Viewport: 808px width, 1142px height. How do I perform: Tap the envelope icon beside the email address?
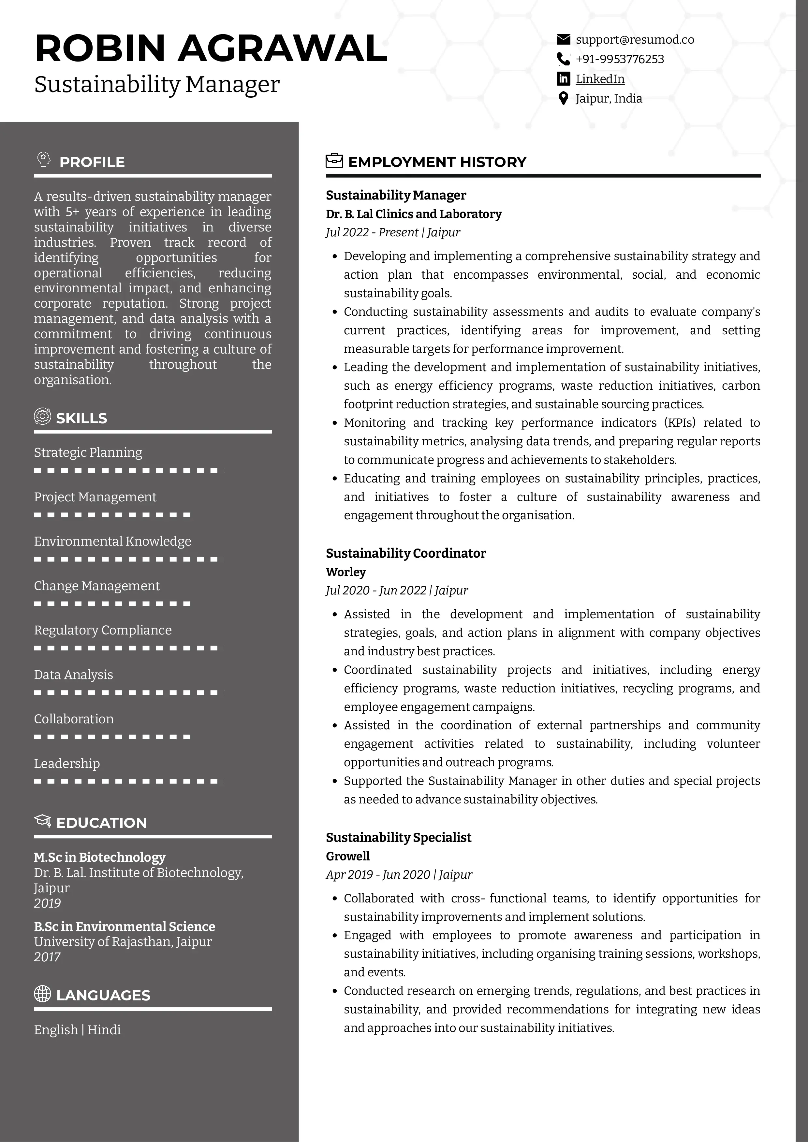click(563, 39)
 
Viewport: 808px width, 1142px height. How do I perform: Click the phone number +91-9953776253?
click(620, 59)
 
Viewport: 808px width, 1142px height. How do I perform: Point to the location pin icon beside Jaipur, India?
click(563, 99)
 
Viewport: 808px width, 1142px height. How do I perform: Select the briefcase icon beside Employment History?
click(334, 161)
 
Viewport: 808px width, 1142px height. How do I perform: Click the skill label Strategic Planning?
click(88, 452)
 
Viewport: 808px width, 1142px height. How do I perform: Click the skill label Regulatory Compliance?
click(103, 630)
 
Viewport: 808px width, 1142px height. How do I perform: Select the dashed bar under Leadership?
click(128, 781)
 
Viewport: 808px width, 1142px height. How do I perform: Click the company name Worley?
click(345, 572)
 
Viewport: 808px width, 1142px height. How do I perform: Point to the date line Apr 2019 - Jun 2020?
click(399, 874)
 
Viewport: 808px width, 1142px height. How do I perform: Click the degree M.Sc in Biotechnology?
click(99, 857)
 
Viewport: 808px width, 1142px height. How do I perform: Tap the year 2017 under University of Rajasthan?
click(47, 957)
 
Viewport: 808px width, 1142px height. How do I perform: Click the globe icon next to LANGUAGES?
click(42, 994)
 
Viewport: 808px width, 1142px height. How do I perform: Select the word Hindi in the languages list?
click(104, 1030)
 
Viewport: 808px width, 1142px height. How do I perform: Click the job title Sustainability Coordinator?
click(406, 553)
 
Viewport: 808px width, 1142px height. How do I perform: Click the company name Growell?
click(347, 856)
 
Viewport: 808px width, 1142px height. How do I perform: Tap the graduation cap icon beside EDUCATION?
click(43, 821)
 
